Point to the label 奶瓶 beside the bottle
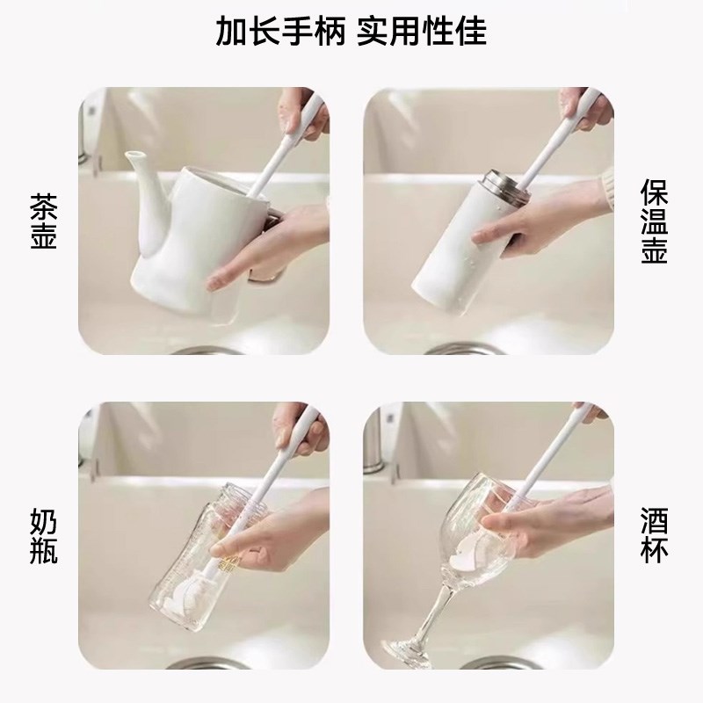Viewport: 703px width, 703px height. point(43,535)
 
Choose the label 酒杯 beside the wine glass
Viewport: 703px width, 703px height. point(655,535)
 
